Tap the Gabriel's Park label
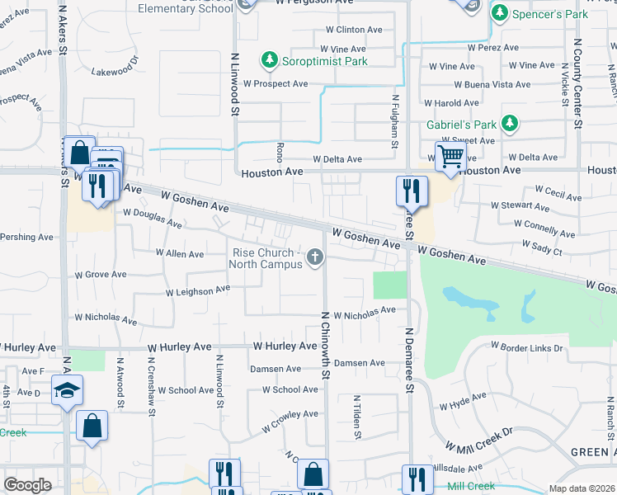pos(462,125)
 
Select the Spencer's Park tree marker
pos(500,14)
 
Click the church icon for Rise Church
pos(314,258)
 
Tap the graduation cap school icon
pos(66,389)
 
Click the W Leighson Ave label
pos(198,291)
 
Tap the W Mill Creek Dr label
pos(479,440)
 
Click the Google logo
pos(28,485)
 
